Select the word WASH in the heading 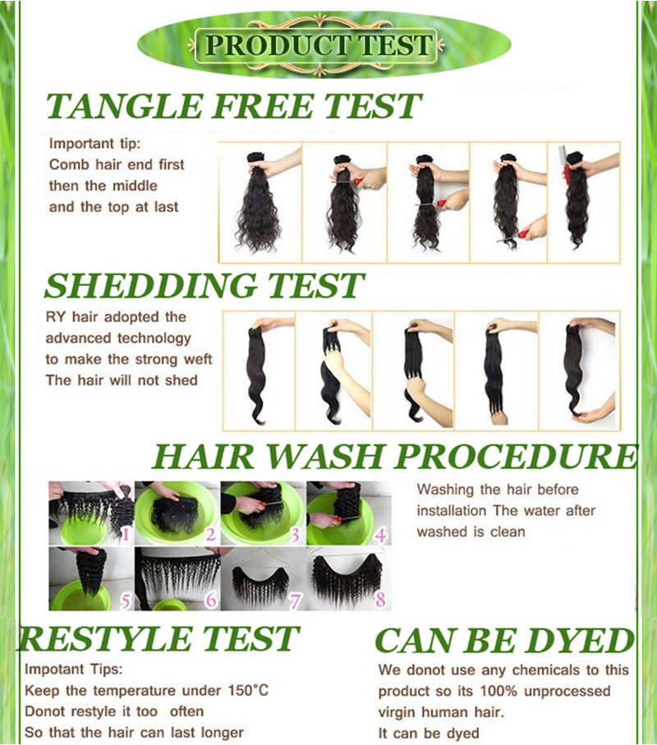pyautogui.click(x=325, y=456)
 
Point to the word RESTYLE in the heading pyautogui.click(x=105, y=638)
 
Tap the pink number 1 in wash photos pyautogui.click(x=126, y=535)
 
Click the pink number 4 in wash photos pyautogui.click(x=380, y=536)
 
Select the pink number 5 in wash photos pyautogui.click(x=126, y=601)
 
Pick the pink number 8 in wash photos pyautogui.click(x=380, y=600)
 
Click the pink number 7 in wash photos pyautogui.click(x=296, y=601)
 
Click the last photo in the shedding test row pyautogui.click(x=580, y=370)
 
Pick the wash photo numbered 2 pyautogui.click(x=177, y=513)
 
